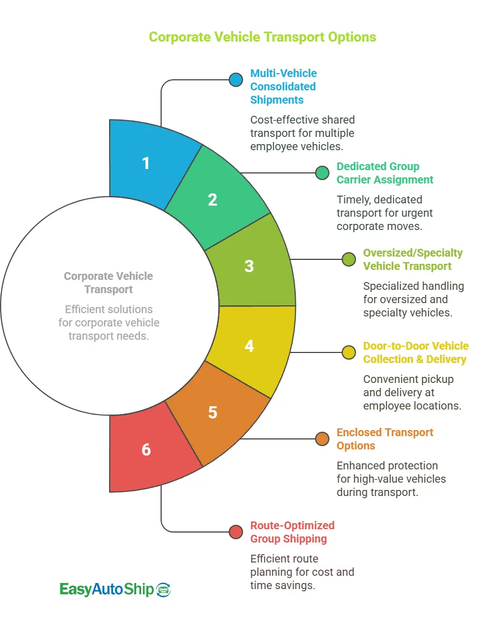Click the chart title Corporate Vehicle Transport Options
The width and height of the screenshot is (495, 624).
tap(262, 37)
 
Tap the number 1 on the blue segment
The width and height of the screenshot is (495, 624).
tap(146, 163)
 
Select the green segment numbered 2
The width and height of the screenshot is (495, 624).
tap(213, 200)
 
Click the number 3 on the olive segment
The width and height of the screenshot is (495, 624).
tap(249, 266)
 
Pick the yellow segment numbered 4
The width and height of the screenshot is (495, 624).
tap(249, 346)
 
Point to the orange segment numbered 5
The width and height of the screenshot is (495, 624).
tap(213, 412)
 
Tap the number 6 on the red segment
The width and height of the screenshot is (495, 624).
tap(146, 449)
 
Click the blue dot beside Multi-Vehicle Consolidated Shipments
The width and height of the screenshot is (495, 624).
tap(236, 80)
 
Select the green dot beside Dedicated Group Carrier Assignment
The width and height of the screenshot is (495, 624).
tap(322, 173)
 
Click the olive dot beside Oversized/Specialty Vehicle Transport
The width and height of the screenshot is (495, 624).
tap(349, 259)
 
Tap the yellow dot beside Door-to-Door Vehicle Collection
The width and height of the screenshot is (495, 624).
tap(349, 352)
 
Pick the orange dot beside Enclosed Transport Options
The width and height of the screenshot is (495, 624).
tap(322, 439)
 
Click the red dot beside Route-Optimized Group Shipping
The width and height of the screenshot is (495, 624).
tap(236, 532)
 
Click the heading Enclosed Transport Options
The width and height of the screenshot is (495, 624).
tap(385, 439)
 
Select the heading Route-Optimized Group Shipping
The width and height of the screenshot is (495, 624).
tap(292, 532)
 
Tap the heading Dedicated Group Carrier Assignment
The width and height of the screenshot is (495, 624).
tap(385, 173)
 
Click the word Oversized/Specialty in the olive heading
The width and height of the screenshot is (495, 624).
tap(412, 253)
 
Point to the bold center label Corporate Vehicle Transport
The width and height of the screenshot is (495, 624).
tap(108, 283)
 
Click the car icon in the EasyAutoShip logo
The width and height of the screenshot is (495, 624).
tap(164, 590)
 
